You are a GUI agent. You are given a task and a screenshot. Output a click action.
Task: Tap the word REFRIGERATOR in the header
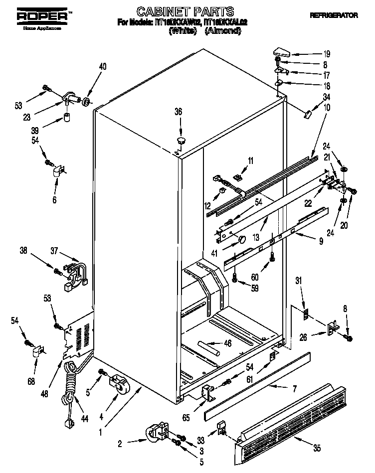(x=334, y=15)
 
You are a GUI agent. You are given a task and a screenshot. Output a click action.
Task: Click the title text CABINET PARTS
(x=178, y=10)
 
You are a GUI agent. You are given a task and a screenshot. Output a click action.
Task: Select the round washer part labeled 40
(x=87, y=103)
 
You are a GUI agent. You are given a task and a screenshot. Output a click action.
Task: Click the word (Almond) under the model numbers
(x=223, y=31)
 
